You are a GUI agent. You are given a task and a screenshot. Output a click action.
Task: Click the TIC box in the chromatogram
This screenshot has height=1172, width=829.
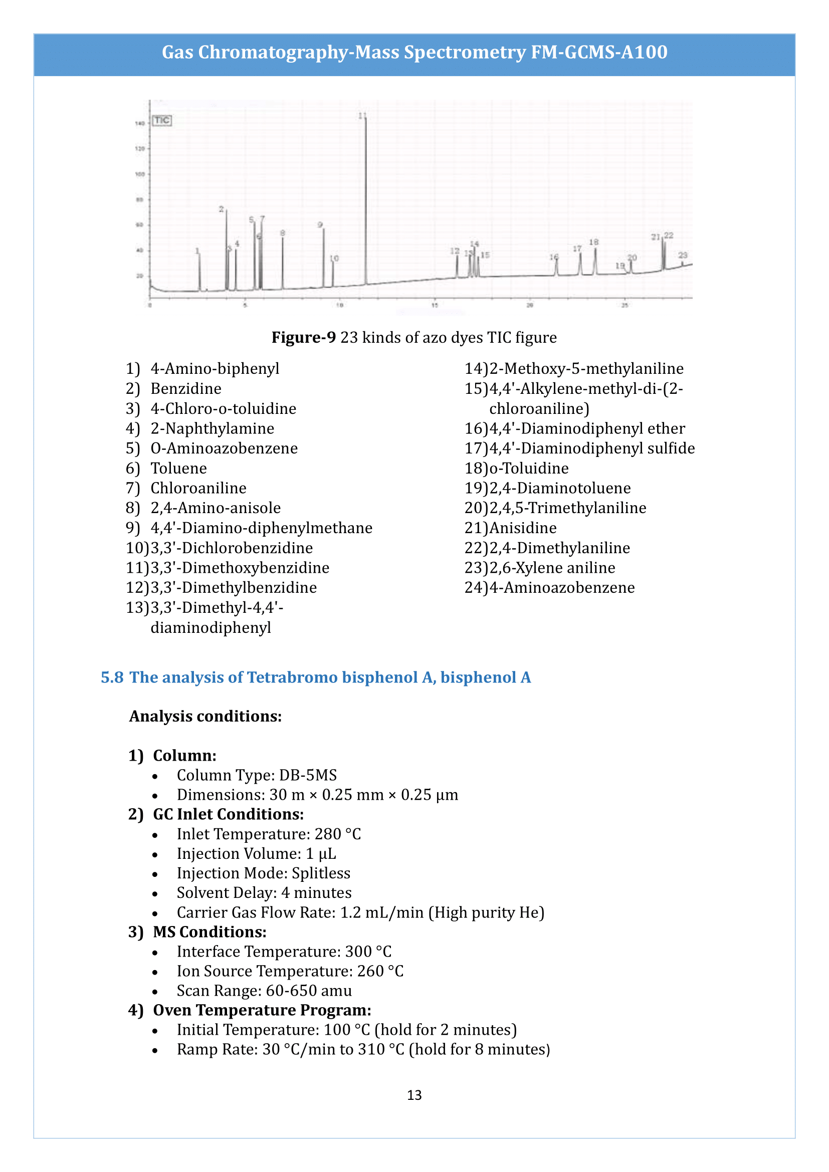[x=162, y=120]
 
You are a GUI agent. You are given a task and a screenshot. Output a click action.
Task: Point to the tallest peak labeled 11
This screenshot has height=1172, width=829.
[x=365, y=199]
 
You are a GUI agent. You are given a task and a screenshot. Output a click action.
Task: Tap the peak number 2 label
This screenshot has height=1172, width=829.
[x=221, y=209]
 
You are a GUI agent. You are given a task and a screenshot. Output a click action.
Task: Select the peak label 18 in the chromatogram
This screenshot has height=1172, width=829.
[x=593, y=242]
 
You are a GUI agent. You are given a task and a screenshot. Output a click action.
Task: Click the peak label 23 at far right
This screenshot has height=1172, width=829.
[x=683, y=255]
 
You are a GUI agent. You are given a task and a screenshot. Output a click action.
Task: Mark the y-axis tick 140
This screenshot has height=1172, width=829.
[x=139, y=123]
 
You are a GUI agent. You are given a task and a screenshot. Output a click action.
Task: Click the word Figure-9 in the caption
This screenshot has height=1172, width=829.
[x=303, y=337]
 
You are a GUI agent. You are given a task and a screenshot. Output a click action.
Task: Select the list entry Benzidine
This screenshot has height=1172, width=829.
[x=186, y=388]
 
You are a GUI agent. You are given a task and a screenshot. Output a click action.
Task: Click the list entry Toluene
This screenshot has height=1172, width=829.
[x=178, y=468]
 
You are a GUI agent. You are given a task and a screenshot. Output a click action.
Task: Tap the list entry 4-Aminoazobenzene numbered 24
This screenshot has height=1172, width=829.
[x=561, y=588]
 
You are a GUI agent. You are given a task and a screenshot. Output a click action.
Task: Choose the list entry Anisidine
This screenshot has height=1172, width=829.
[x=523, y=528]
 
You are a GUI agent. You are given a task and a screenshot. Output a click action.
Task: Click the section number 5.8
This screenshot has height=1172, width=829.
[x=112, y=677]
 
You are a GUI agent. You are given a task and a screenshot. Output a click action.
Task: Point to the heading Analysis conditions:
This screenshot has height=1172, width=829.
[x=205, y=716]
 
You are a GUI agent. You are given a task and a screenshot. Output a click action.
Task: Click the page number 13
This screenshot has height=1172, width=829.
[x=414, y=1095]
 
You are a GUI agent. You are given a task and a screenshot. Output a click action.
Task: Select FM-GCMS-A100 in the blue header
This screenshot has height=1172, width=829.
[x=599, y=52]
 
